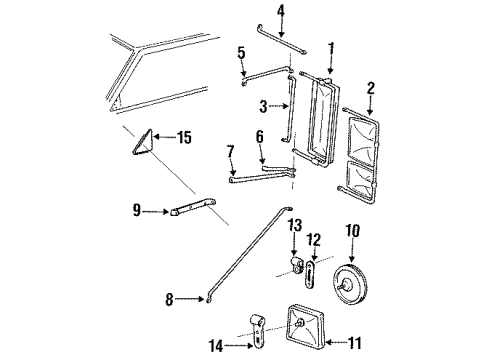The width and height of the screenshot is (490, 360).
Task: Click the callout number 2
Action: (370, 90)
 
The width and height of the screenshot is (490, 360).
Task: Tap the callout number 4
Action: (253, 12)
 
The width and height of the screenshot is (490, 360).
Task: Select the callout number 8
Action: (168, 297)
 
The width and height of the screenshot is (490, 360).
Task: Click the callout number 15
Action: (183, 138)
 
